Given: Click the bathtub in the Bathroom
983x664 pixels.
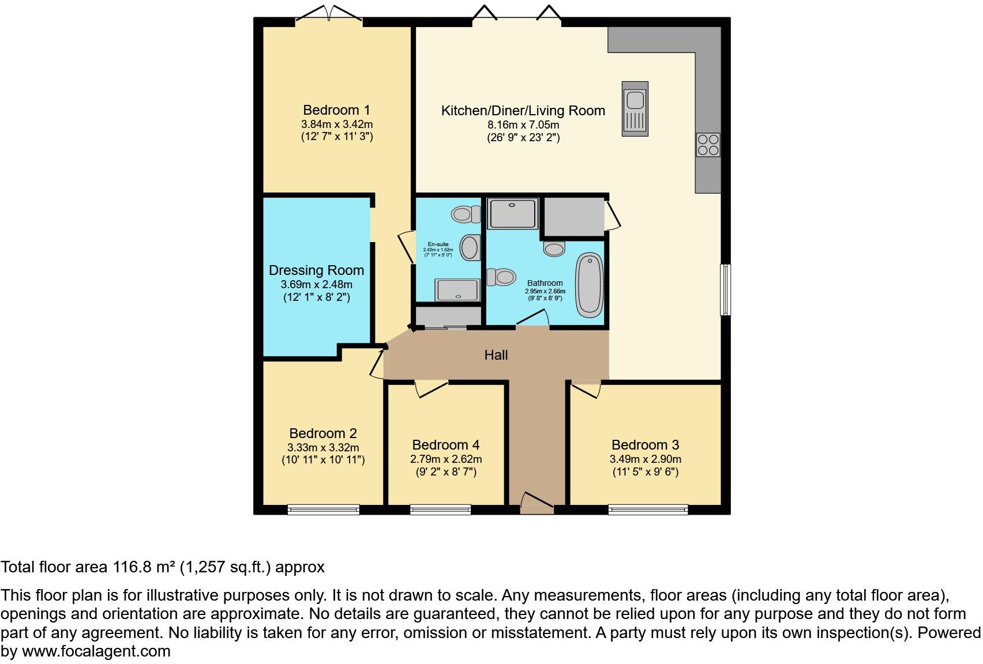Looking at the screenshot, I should tap(590, 285).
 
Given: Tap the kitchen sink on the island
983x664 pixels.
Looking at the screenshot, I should tap(635, 109).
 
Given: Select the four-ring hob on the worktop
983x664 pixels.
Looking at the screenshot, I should tap(708, 145).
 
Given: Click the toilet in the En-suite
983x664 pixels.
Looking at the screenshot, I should tap(466, 214).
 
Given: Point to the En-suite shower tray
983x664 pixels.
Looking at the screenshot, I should tap(457, 290).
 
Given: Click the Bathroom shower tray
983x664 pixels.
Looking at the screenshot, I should tap(512, 213).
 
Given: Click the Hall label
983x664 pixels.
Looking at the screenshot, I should tap(496, 355).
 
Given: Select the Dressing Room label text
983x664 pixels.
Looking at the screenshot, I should tap(316, 270).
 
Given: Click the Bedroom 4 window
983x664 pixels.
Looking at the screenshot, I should tap(440, 509).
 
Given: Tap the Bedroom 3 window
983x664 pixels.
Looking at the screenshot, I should tap(648, 509).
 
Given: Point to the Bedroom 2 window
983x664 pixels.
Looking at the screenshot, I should tap(323, 509).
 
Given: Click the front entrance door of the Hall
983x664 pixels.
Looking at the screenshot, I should tap(536, 503).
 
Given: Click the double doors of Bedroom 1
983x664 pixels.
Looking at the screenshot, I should tap(329, 16).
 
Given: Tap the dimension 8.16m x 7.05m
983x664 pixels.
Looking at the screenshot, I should tap(523, 124).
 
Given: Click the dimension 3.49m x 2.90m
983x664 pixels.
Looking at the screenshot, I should tap(645, 459).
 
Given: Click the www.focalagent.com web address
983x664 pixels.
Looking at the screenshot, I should tap(96, 651).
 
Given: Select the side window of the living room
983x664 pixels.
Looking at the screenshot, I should tap(725, 290).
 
